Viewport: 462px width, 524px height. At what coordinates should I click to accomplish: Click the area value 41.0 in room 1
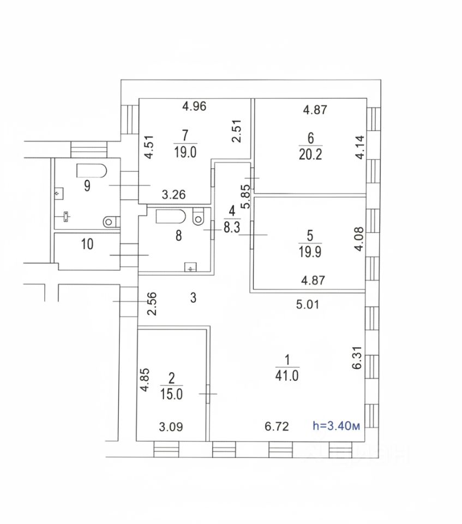point(288,376)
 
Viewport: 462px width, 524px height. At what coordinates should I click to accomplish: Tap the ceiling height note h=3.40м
point(336,426)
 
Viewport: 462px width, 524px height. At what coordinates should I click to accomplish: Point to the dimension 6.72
point(277,426)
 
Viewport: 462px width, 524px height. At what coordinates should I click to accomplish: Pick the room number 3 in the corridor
point(193,298)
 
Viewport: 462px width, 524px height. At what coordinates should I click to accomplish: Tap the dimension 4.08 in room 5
point(359,239)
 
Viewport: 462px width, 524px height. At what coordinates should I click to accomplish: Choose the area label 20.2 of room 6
point(311,154)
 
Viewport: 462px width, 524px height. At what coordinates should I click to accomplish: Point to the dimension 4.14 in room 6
point(359,147)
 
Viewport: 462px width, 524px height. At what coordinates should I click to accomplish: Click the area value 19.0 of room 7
point(185,152)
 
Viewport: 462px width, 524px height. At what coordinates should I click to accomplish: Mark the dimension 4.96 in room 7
point(194,106)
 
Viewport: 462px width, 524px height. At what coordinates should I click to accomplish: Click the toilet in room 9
point(111,221)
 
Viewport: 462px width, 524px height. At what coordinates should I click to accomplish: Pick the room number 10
point(87,244)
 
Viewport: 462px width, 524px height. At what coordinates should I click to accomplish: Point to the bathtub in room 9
point(91,171)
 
